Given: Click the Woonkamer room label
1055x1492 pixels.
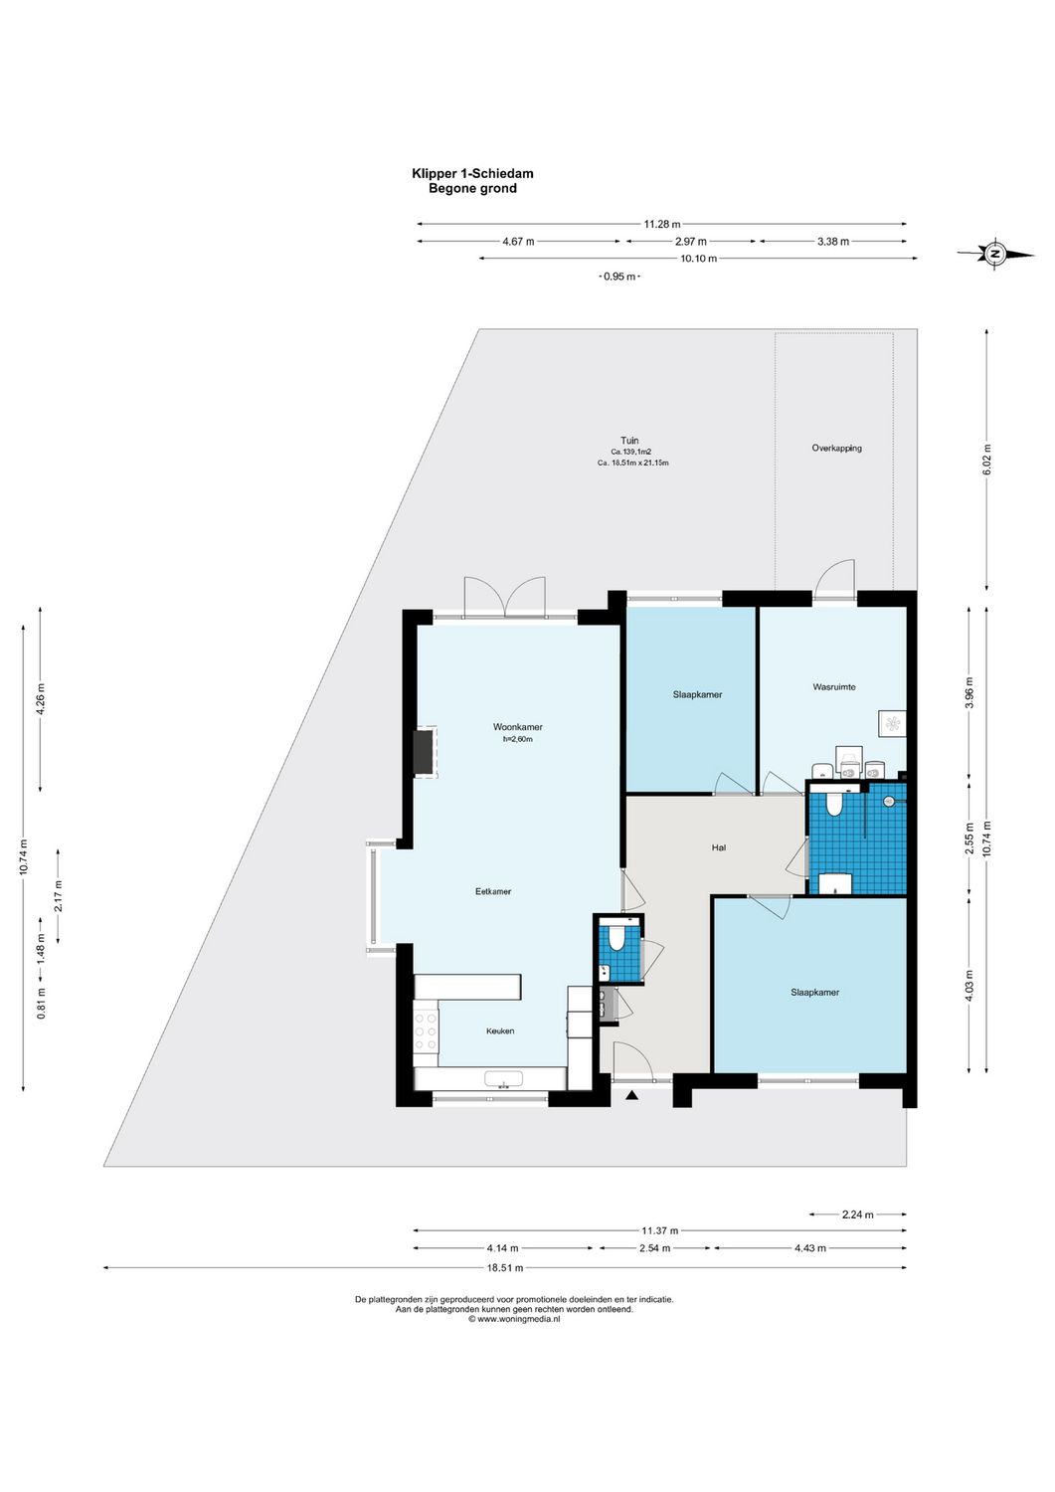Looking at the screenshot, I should coord(517,727).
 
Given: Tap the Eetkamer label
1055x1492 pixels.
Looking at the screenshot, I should coord(493,891).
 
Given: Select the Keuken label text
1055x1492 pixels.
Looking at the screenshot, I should coord(500,1030).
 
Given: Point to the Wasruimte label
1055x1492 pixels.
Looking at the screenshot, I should coord(833,686).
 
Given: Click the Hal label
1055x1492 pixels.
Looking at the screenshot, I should coord(718,847).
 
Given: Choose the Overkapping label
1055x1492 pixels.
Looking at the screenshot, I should coord(836,448).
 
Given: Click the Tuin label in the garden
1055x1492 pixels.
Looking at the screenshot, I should coord(629,441).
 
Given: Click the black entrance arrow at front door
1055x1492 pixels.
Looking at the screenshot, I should coord(631,1095).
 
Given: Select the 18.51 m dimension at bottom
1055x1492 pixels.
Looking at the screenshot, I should coord(504,1267).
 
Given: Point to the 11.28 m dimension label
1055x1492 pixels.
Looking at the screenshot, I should coord(661,225).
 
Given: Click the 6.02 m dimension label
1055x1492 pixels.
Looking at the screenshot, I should coord(986,460).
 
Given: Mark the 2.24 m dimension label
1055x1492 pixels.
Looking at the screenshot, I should coord(857,1214).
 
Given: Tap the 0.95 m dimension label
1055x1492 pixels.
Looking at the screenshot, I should coord(618,277).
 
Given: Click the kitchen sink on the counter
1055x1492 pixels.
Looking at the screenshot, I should coord(503,1079).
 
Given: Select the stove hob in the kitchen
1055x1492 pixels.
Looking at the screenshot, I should coord(426,1031).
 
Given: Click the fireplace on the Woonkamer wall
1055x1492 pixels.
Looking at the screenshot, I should coord(425,752).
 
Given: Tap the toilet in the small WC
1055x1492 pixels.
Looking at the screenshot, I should coord(615,938).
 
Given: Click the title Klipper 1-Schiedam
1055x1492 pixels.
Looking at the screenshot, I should coord(472,173).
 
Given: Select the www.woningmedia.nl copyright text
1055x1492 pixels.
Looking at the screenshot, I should coord(514,1319).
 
